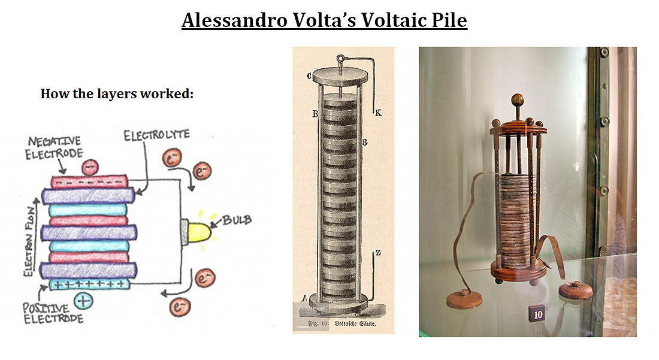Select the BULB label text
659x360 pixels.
pyautogui.click(x=237, y=220)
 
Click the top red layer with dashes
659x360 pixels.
pyautogui.click(x=90, y=181)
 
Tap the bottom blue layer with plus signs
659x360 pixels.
pyautogui.click(x=88, y=283)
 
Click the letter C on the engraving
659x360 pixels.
pyautogui.click(x=309, y=75)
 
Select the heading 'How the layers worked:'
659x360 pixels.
pyautogui.click(x=117, y=95)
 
